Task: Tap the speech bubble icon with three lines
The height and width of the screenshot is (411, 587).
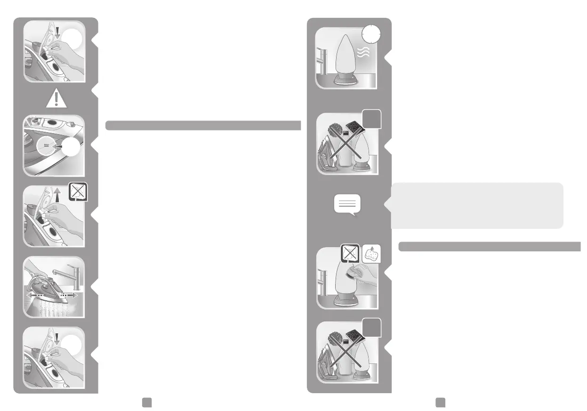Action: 347,205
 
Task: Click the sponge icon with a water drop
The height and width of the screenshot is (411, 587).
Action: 371,254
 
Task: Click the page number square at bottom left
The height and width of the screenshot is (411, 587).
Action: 147,401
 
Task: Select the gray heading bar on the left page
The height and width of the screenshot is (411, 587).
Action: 203,125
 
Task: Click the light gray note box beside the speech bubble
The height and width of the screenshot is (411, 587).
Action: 476,205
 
